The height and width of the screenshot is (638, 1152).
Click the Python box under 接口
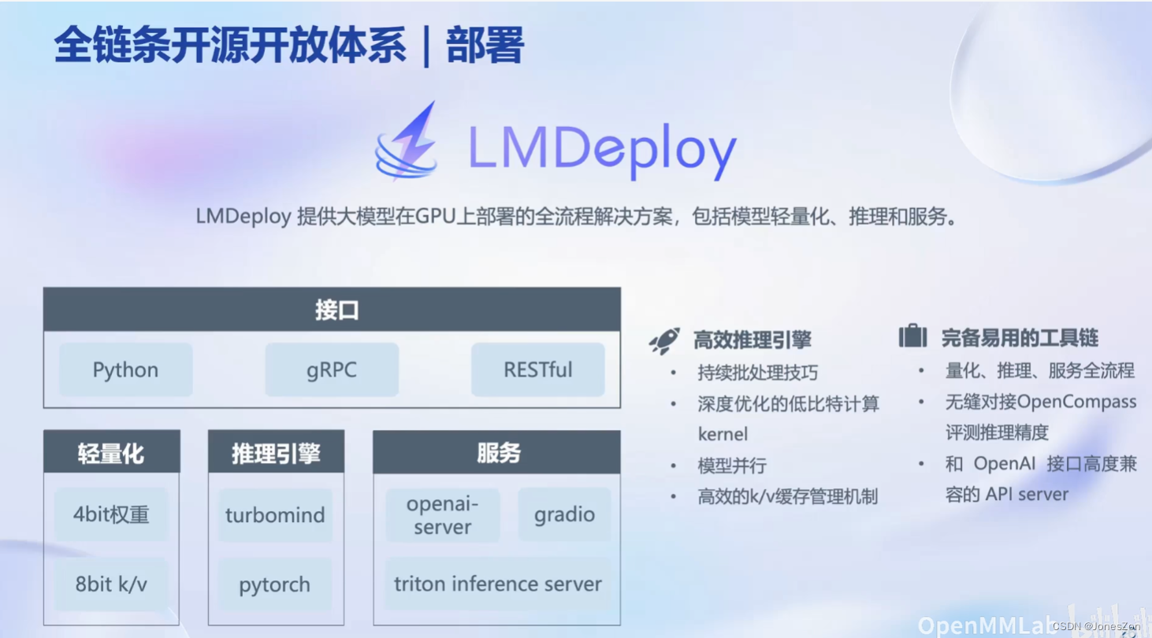[x=125, y=369]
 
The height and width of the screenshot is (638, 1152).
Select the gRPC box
[x=332, y=369]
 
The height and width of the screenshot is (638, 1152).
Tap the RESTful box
[x=538, y=369]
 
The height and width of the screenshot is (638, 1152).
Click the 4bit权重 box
[x=111, y=514]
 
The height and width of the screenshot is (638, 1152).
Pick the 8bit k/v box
[x=111, y=584]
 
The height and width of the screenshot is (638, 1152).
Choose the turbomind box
[x=275, y=515]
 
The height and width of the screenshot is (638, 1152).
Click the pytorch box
[x=275, y=584]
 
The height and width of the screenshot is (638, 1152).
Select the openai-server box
[x=442, y=515]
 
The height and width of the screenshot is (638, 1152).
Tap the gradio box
[x=564, y=515]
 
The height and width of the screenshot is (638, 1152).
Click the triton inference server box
[x=497, y=584]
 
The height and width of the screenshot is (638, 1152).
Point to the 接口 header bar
[x=332, y=310]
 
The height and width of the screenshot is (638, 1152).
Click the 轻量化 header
[x=111, y=452]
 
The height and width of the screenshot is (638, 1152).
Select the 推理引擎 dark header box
[x=276, y=452]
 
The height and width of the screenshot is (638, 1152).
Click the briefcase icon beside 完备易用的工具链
[x=912, y=337]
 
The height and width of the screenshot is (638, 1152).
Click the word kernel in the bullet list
[x=723, y=434]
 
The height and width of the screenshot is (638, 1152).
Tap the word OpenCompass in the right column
[x=1076, y=402]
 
